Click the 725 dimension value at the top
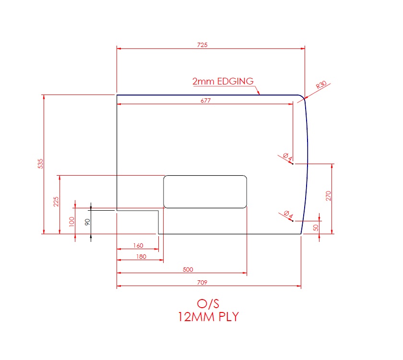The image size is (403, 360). (202, 45)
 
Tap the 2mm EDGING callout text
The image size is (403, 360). (223, 81)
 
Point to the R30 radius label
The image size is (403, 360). (321, 86)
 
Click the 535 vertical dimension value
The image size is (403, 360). (41, 164)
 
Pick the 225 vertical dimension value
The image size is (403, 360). (56, 202)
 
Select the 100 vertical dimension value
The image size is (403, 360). (72, 222)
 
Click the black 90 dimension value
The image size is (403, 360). (87, 222)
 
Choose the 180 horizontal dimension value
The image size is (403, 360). (141, 257)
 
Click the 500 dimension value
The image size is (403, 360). (188, 270)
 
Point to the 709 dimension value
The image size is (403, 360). (209, 283)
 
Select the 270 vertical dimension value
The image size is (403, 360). (329, 195)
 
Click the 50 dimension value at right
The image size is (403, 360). (316, 228)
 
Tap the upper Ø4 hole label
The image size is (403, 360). (287, 157)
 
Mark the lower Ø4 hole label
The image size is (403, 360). (287, 215)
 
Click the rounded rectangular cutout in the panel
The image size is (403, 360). (205, 192)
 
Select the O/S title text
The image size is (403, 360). (209, 303)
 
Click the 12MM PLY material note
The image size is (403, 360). (209, 317)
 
